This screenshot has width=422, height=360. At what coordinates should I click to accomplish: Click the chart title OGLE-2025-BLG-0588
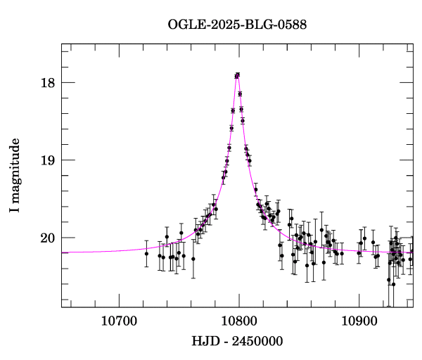[237, 25]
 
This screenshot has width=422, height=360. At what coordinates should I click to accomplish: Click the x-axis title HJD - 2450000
[238, 342]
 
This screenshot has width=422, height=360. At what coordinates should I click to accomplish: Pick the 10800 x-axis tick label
[238, 321]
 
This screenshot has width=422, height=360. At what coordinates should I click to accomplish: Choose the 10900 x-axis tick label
[359, 321]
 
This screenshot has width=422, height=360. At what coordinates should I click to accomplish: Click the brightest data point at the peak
[238, 75]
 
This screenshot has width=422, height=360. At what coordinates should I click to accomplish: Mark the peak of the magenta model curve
[238, 74]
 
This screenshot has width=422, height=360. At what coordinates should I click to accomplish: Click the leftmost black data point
[146, 253]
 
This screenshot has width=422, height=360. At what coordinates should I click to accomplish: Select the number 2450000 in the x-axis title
[257, 342]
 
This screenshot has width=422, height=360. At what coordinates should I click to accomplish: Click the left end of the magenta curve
[63, 252]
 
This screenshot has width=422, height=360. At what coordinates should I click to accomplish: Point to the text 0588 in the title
[292, 25]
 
